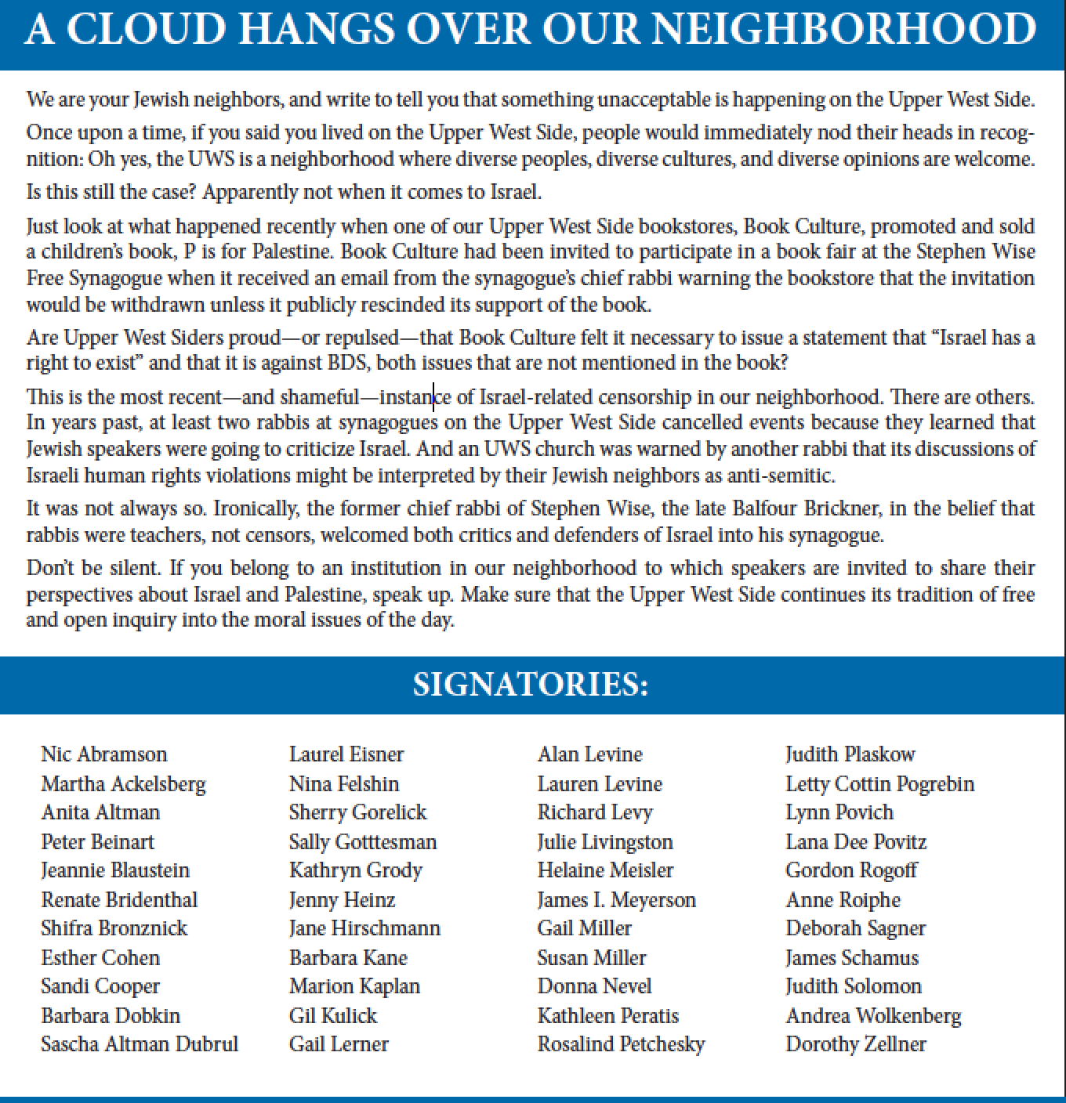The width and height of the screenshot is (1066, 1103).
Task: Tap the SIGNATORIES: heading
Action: pyautogui.click(x=531, y=685)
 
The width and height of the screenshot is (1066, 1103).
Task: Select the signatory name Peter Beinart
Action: pyautogui.click(x=97, y=842)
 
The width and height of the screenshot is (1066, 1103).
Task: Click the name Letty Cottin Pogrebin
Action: pyautogui.click(x=879, y=784)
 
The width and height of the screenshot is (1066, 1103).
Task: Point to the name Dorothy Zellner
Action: pyautogui.click(x=855, y=1044)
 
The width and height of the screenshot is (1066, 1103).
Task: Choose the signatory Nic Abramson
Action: pyautogui.click(x=103, y=754)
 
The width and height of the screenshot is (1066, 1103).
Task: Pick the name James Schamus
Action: pyautogui.click(x=851, y=958)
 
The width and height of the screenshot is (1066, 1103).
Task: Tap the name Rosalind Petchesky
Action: pyautogui.click(x=621, y=1044)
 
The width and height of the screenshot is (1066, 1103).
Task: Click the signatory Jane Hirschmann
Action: pyautogui.click(x=364, y=928)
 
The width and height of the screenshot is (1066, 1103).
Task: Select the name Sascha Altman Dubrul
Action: pyautogui.click(x=139, y=1044)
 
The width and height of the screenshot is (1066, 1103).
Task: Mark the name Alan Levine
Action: pyautogui.click(x=589, y=754)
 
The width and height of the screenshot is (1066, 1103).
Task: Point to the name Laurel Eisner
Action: pyautogui.click(x=346, y=754)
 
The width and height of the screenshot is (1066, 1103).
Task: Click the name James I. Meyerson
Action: pyautogui.click(x=616, y=900)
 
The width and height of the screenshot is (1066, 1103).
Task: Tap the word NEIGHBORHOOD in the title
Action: pyautogui.click(x=843, y=29)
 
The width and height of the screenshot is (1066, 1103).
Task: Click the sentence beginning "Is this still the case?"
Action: pyautogui.click(x=284, y=192)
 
